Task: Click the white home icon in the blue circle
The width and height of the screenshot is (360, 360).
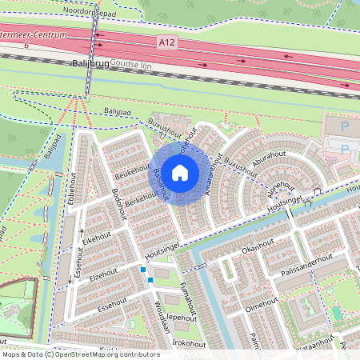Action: [x=181, y=172]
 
